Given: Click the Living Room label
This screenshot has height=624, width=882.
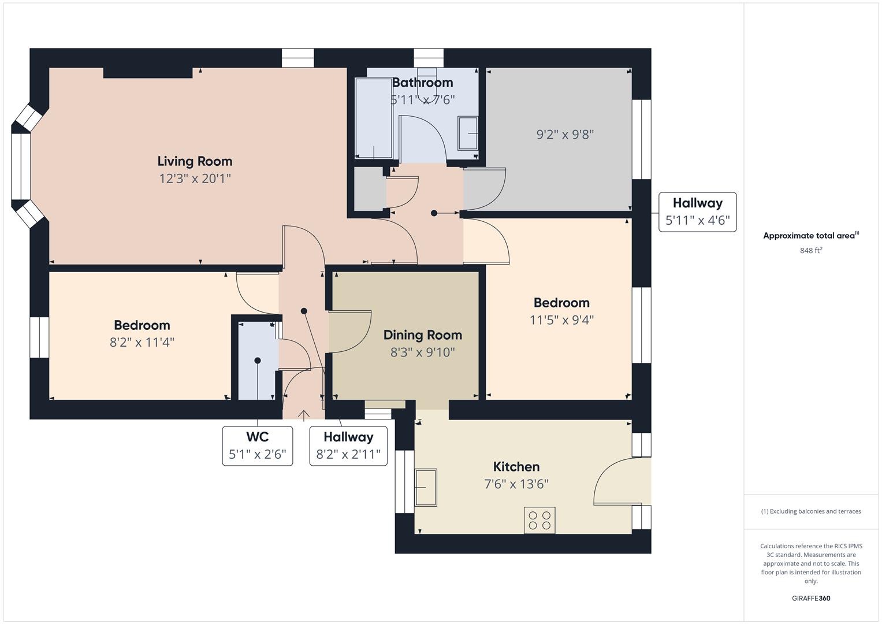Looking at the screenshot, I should pos(195,161).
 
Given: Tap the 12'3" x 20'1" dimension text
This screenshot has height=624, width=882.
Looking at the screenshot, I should pos(195,179).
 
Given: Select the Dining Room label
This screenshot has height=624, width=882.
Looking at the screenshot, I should pos(422,335).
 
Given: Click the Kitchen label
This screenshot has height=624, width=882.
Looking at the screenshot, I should pos(516,467).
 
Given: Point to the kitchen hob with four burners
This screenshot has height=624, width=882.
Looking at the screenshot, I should pos(539,520).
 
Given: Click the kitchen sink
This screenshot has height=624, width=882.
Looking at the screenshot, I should pos(426,488).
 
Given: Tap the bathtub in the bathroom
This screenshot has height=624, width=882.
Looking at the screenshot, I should pos(374,118).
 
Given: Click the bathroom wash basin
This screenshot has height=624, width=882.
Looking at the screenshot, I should pos(468,133).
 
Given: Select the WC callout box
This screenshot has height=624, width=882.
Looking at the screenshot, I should pos(257,445).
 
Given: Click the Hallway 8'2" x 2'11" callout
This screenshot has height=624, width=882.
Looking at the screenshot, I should pos(348,445).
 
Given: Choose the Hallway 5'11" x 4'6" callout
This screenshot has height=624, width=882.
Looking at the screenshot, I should pos(697,212).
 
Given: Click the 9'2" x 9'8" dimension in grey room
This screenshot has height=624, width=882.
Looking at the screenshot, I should pos(565,135).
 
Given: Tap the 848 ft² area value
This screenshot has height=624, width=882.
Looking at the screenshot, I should pos(810,251).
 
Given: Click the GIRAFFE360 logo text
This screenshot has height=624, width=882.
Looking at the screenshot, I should pos(810,598).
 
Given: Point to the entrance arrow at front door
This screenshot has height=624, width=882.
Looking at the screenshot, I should pos(303,415).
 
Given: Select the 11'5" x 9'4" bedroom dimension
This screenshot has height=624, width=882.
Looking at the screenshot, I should pos(561,320).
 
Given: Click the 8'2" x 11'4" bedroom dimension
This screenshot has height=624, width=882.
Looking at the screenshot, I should pos(142,343).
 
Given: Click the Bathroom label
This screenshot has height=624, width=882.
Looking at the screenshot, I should pos(422,83).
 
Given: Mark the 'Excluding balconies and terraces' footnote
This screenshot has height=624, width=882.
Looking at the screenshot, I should pos(810,511).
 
